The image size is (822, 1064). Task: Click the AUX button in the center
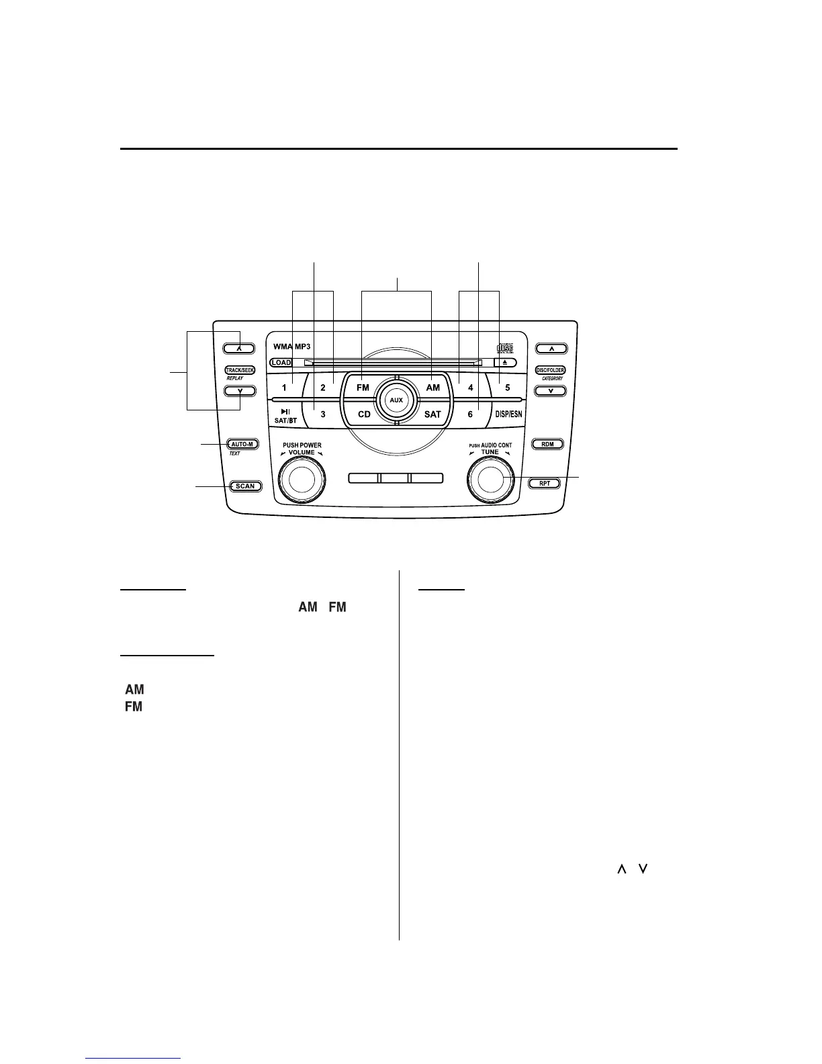tap(396, 400)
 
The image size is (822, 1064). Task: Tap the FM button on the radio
tap(363, 388)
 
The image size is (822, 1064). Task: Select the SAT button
tap(432, 414)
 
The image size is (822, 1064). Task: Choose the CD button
tap(364, 414)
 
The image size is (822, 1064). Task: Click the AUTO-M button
tap(242, 444)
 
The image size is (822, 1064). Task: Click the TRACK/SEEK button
tap(240, 370)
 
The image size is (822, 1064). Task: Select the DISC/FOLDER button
tap(550, 370)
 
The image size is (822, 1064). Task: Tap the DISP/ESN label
tap(508, 414)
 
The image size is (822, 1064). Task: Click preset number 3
tap(323, 414)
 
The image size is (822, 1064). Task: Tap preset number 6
tap(470, 414)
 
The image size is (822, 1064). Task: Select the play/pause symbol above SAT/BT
tap(285, 411)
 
